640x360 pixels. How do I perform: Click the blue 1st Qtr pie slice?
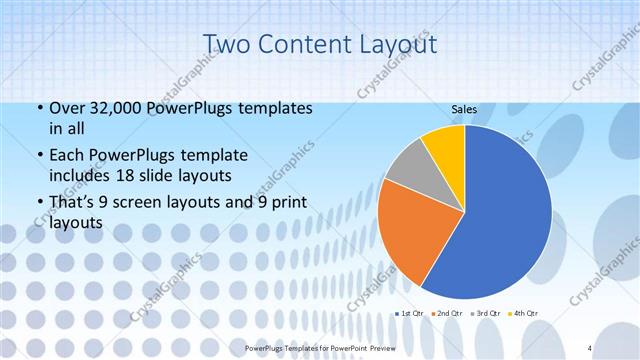tap(500, 215)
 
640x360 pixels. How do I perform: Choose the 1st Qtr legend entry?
tap(411, 313)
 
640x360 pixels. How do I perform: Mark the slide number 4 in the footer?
tap(590, 347)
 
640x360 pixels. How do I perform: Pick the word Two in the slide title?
tap(227, 44)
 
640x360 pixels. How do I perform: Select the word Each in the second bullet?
tap(67, 155)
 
